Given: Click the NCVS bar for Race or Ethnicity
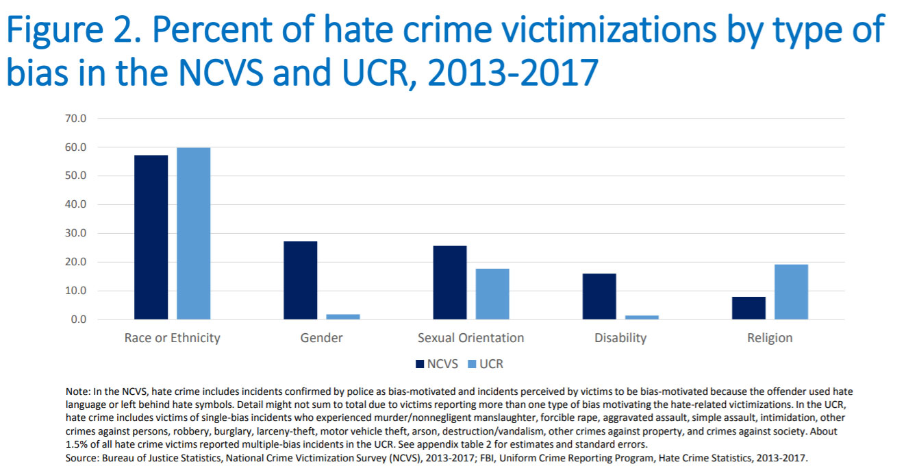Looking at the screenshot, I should point(151,237).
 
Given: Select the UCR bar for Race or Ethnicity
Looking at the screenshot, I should point(193,233).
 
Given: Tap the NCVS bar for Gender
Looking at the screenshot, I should point(300,280).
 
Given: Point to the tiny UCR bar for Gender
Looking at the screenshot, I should point(343,317).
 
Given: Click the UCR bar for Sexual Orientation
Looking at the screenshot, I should point(492,293).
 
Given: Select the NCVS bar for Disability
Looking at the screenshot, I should point(599,296).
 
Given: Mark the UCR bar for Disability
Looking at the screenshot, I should point(642,317).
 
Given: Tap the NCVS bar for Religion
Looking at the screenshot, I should point(748,308).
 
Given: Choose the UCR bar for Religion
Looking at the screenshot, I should point(791,291).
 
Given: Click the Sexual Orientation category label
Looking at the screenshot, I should point(470,338).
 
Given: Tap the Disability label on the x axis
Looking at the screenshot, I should point(620,338).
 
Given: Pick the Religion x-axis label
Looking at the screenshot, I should point(770,338).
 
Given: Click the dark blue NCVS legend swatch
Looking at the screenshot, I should point(420,364).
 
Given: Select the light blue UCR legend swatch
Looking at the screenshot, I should point(473,364).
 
